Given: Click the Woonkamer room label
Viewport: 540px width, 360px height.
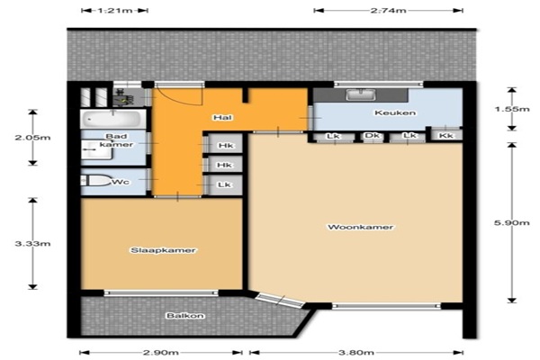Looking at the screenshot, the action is coord(361,227).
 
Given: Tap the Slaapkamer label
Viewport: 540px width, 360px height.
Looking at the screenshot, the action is coord(163,250).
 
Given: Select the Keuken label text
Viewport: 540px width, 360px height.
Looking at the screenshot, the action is coord(395,112).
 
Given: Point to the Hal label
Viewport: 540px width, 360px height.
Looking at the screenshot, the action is coord(222,118).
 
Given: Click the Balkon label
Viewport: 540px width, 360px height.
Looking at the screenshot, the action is coord(185,316).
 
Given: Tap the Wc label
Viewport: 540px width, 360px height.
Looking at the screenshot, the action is coord(121,182).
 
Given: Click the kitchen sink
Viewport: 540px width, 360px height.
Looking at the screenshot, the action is coord(361,94).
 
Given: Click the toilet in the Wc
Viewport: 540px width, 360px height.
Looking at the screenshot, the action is coord(95,181).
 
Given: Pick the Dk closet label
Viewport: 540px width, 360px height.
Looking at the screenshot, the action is coord(372,135).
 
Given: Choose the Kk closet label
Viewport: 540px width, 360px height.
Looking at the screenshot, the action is coord(446,136).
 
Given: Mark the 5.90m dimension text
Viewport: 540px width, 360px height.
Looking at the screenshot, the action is coord(512,223).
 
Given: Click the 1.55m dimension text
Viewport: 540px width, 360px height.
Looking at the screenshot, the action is coord(512,109).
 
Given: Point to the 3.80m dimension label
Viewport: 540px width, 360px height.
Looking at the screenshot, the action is coord(356,353).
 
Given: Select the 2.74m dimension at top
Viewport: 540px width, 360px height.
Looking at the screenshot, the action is coord(389,10).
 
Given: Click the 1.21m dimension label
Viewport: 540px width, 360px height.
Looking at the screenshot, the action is coord(115,10).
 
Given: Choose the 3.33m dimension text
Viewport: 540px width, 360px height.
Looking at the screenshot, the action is coord(32,244).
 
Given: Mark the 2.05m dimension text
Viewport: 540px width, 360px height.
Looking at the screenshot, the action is coord(32,138).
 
